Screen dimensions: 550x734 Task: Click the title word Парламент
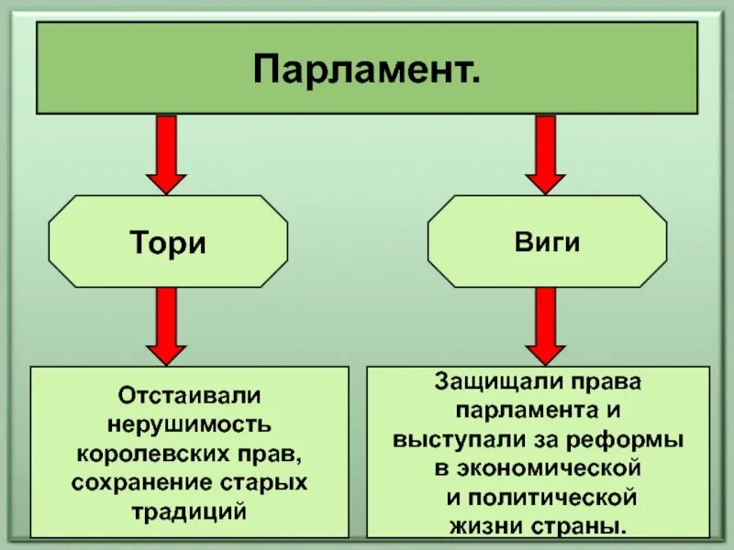pos(366,70)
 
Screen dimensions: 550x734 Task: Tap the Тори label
pos(167,245)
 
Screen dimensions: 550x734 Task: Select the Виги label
pos(547,244)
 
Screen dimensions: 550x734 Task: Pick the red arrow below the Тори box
pos(166,326)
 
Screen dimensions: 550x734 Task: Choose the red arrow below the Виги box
pos(546,326)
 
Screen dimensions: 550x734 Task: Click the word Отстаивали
pos(189,396)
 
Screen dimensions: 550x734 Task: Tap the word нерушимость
pos(189,424)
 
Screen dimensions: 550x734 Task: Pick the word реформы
pos(642,439)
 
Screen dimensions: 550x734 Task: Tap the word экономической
pos(549,468)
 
